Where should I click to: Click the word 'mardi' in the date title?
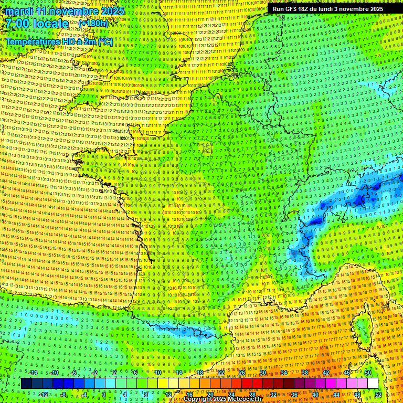[x=18, y=11]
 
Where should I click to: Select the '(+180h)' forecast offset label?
[x=93, y=24]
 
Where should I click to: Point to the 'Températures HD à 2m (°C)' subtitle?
[x=59, y=41]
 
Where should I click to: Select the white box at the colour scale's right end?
[x=373, y=384]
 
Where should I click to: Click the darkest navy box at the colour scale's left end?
[x=26, y=384]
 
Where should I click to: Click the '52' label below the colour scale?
[x=378, y=394]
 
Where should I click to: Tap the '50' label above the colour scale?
[x=367, y=373]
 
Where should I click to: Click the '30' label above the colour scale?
[x=262, y=373]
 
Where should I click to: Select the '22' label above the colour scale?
[x=220, y=373]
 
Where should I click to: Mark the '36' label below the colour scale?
[x=294, y=394]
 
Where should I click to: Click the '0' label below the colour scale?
[x=104, y=394]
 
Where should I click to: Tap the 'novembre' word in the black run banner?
[x=363, y=9]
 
